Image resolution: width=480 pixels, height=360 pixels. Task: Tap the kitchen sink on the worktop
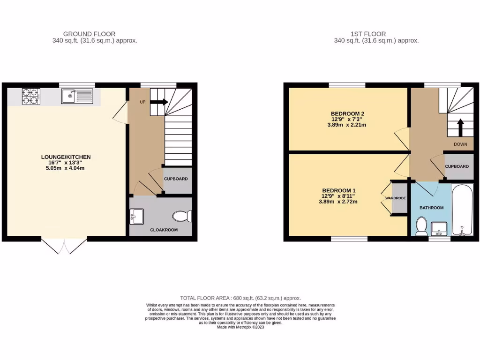[x=77, y=97]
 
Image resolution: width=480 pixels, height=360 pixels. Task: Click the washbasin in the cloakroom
[x=136, y=216]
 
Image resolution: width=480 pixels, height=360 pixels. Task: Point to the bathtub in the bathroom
[x=462, y=210]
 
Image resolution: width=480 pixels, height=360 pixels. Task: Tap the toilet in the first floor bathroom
[x=421, y=226]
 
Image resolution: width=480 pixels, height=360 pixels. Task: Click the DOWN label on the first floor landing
[x=460, y=144]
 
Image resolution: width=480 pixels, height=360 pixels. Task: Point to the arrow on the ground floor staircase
[x=159, y=102]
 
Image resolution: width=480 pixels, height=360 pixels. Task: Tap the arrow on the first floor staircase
[x=460, y=127]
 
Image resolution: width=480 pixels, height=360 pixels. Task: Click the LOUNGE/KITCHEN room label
[x=66, y=157]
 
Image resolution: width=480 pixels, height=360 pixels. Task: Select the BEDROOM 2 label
[x=347, y=114]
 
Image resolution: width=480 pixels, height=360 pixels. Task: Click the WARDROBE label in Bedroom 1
[x=395, y=198]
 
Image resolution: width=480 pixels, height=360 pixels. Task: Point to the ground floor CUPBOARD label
[x=176, y=179]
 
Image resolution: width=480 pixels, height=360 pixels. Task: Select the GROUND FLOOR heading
[x=89, y=34]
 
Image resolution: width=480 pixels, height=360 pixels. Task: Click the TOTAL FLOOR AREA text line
[x=240, y=298]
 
